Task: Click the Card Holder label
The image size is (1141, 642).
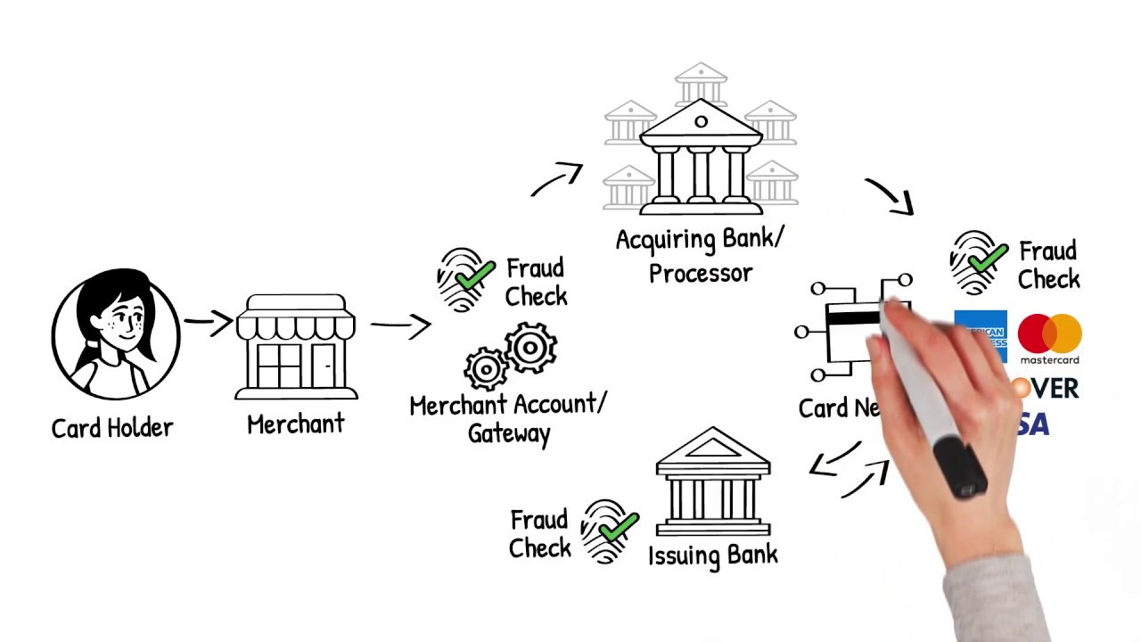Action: point(112,428)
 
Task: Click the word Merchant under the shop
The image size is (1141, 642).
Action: point(295,424)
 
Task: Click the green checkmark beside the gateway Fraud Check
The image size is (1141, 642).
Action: point(474,273)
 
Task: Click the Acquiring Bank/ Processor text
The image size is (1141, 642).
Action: point(701,256)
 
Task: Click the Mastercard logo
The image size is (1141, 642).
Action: point(1049,338)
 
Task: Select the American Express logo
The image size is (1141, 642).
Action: point(980,336)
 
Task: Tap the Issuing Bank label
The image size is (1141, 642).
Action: point(713,555)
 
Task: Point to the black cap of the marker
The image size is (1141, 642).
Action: point(960,468)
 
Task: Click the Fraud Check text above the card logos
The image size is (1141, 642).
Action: point(1048,265)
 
